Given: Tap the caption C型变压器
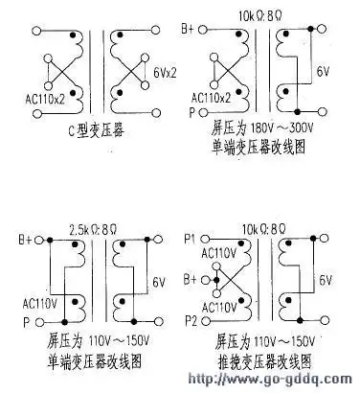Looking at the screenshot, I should (83, 131).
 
